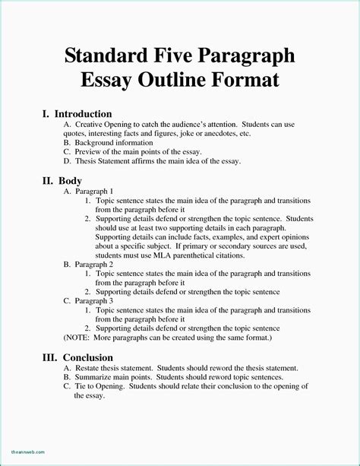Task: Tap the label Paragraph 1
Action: coord(94,192)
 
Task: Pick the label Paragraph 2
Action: coord(94,263)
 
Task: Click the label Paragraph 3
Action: coord(94,300)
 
